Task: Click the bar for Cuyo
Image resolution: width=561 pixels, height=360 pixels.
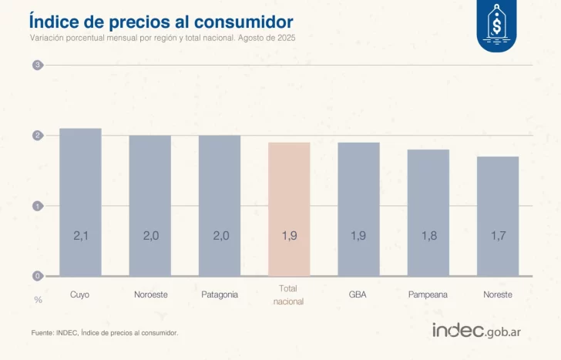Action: tap(80, 202)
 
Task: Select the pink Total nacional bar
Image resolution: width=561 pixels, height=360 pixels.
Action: tap(289, 209)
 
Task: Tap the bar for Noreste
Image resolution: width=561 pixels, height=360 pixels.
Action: tap(498, 216)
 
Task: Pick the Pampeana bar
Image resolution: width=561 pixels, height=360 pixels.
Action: tap(428, 213)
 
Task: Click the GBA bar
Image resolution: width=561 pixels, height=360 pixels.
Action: tap(358, 209)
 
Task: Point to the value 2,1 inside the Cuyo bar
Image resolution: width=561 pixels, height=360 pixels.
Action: tap(80, 236)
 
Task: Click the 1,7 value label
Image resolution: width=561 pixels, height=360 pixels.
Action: tap(498, 236)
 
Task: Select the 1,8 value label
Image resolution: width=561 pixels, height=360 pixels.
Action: tap(428, 236)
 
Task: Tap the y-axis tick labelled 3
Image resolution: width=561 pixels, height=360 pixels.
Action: tap(37, 66)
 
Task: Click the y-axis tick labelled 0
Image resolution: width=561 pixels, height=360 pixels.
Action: tap(37, 276)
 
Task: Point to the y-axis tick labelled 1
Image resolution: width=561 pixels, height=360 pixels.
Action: tap(37, 206)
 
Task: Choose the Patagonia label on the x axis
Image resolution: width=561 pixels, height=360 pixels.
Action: tap(220, 294)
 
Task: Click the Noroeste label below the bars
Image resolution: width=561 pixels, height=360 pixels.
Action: tap(149, 294)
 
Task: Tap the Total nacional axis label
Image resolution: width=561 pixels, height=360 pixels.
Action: tap(289, 294)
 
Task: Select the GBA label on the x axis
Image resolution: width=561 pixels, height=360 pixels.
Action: tap(358, 294)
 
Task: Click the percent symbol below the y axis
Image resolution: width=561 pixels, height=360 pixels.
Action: tap(37, 299)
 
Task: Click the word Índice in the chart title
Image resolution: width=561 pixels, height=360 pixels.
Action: tap(53, 21)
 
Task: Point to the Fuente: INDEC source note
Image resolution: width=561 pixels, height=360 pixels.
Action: tap(105, 333)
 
